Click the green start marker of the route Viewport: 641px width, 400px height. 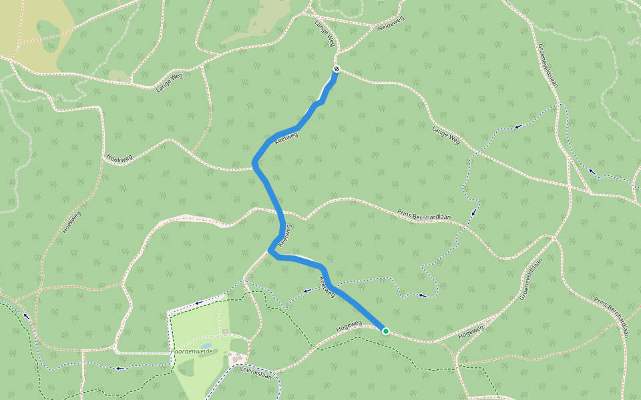pos(385,331)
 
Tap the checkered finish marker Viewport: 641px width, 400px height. pos(337,69)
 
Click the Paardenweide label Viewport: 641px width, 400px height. pos(192,351)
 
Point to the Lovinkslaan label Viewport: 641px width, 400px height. pos(258,367)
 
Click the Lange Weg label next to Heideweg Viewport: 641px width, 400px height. pos(325,33)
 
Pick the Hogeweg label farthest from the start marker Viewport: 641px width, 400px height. pos(471,330)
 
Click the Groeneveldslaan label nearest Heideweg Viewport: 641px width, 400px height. pos(547,65)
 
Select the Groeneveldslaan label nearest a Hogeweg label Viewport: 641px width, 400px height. pos(531,278)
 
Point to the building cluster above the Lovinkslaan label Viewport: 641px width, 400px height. pos(236,359)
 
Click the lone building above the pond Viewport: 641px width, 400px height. pos(225,331)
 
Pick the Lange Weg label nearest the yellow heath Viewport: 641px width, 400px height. pos(168,79)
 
